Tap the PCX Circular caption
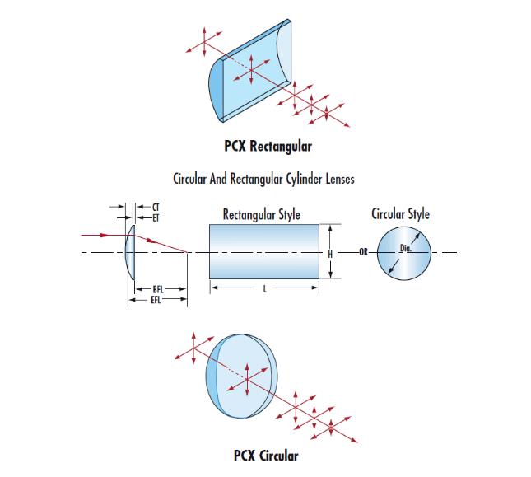[266, 455]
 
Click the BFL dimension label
[159, 289]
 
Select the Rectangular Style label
[261, 215]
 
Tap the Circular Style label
[400, 215]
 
